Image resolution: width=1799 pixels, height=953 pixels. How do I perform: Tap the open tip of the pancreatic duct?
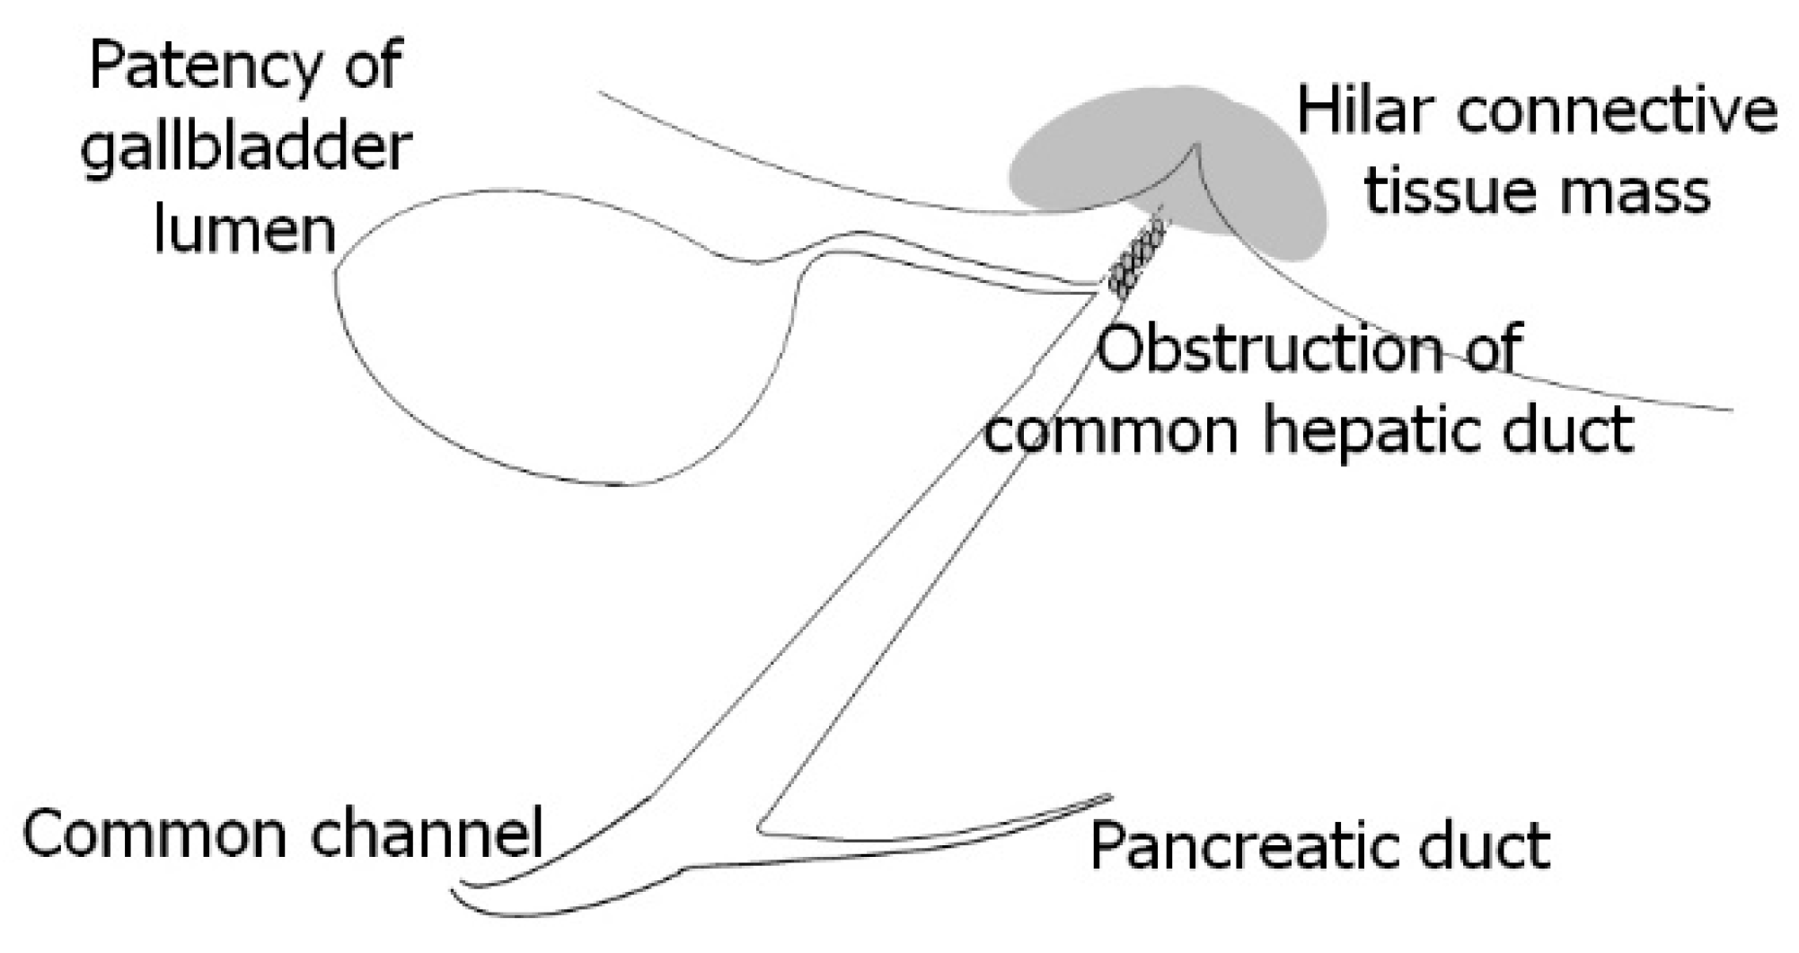coord(1108,798)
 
